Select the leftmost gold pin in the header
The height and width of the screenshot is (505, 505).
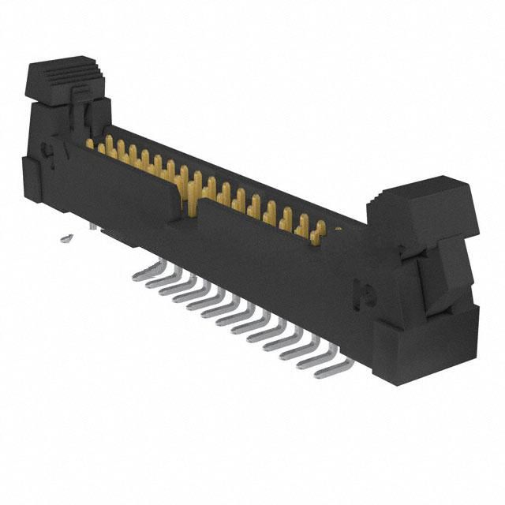click(90, 144)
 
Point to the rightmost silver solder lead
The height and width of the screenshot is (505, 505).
click(331, 369)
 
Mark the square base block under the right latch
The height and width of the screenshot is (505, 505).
click(426, 343)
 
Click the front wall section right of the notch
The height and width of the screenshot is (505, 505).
click(276, 260)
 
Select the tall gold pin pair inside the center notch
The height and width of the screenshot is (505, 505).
click(193, 189)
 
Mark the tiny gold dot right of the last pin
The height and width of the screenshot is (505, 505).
click(338, 230)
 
